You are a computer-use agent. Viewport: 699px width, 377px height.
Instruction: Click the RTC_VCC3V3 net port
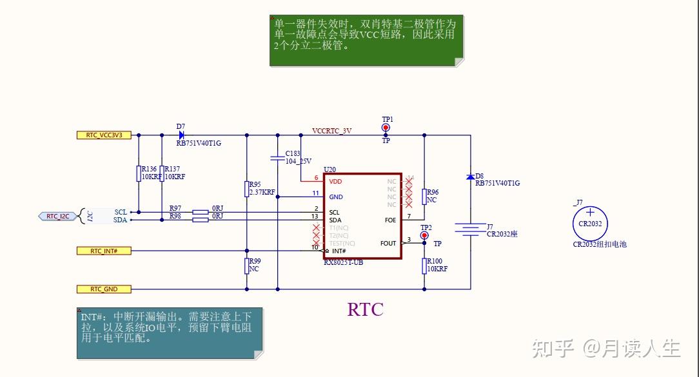point(104,135)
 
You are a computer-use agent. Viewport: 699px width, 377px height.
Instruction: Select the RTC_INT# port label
point(103,250)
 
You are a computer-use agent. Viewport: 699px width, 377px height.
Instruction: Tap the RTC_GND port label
point(103,289)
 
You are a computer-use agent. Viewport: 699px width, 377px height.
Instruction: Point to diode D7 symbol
point(181,135)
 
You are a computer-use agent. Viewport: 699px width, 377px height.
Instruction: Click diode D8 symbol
point(471,177)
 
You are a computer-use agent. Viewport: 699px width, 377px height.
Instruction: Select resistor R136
point(139,173)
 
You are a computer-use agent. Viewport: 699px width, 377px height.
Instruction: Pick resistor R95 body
point(246,188)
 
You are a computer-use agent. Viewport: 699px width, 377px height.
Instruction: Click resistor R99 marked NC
point(246,266)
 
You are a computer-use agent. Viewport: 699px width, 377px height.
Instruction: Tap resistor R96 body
point(424,197)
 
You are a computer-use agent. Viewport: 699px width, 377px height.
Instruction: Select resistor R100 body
point(424,265)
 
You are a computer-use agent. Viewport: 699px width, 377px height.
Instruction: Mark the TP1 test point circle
point(386,128)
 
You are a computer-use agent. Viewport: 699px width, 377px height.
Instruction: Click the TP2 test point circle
point(424,235)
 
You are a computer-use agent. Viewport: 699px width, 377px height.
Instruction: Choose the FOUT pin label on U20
point(388,243)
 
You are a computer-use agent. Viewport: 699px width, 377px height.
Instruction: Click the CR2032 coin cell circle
point(590,223)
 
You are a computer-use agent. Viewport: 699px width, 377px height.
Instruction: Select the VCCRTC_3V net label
point(331,130)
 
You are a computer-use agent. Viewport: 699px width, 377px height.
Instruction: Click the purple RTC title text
point(365,310)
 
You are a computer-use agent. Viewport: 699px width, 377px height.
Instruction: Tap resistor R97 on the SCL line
point(201,212)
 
